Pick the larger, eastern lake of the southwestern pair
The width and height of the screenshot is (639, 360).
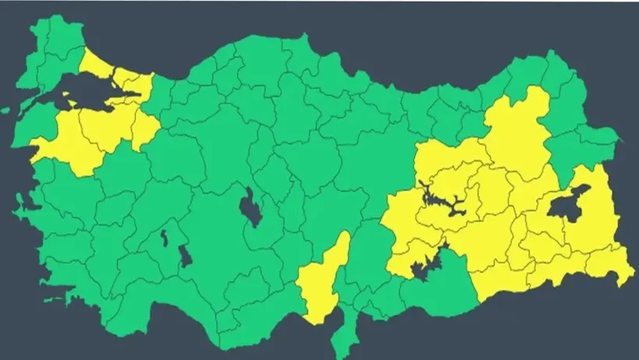[185, 256]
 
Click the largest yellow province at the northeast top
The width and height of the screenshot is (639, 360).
[518, 132]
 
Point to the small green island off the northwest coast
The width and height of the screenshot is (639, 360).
[7, 110]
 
